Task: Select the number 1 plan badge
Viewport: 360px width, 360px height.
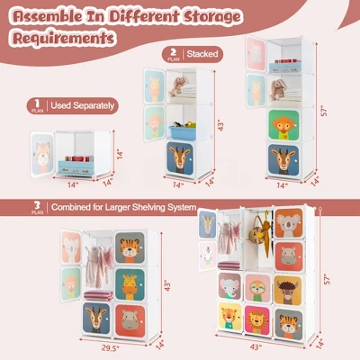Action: click(x=36, y=105)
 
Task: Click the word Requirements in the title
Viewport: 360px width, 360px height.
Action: click(x=62, y=39)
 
